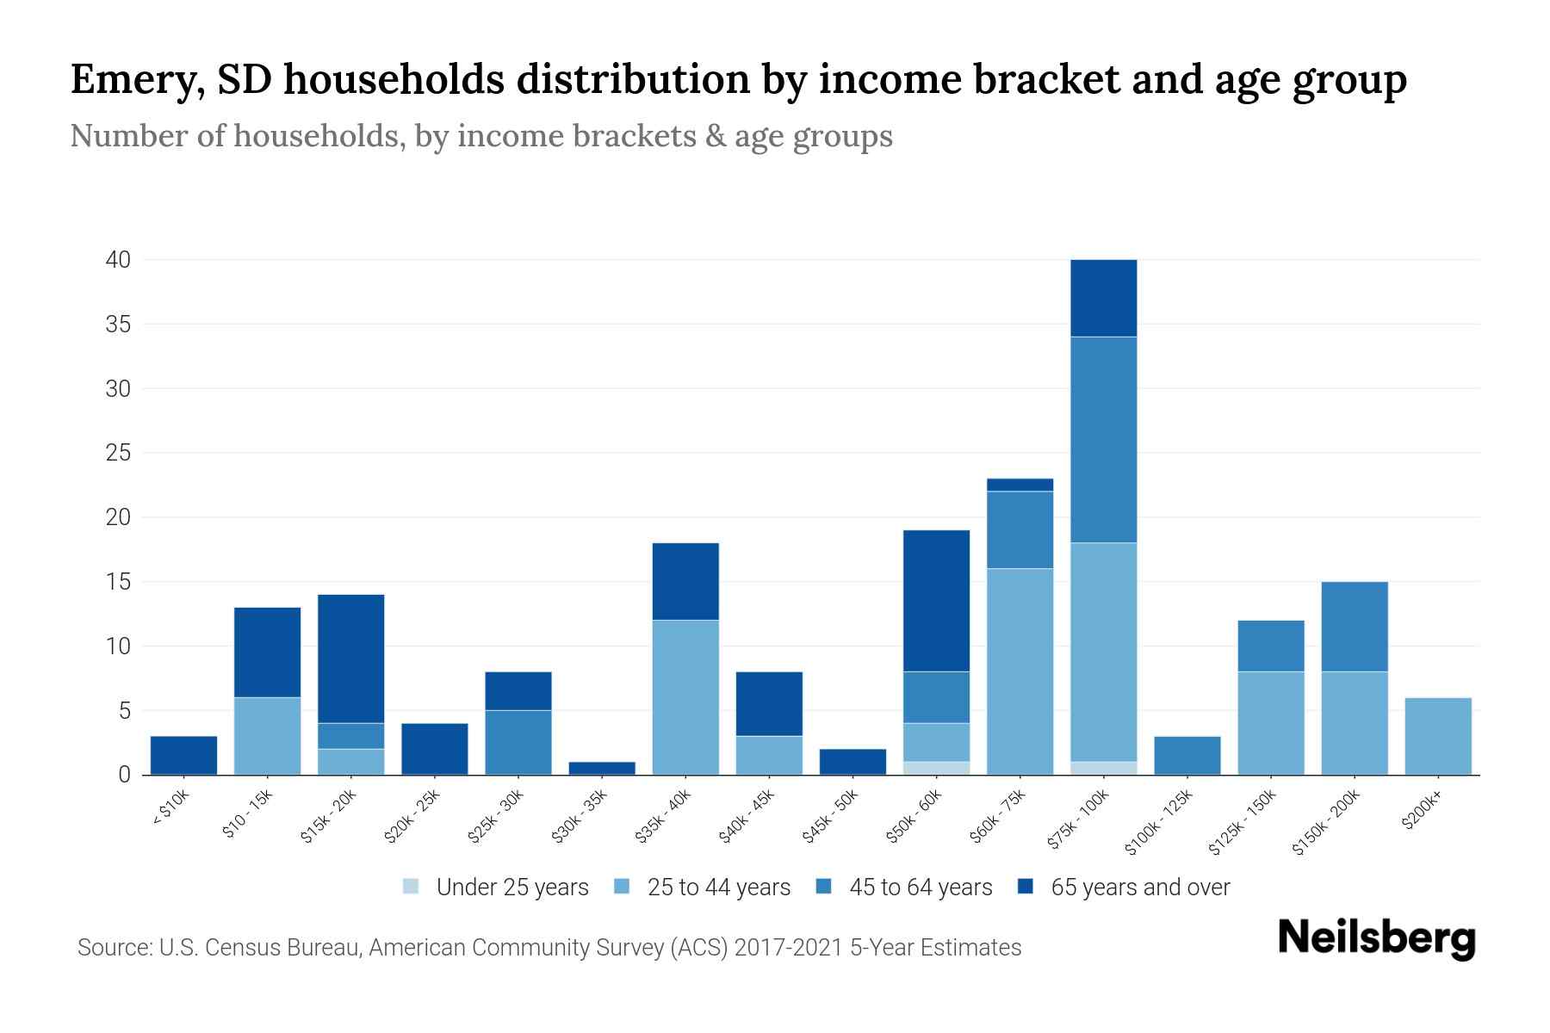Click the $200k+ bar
[1437, 736]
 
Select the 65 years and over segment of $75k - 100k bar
[1103, 298]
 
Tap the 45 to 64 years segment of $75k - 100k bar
[1103, 440]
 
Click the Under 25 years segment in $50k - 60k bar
[936, 768]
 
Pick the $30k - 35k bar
[602, 768]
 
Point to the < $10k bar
[183, 755]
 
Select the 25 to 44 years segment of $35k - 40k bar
[685, 697]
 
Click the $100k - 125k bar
[1187, 755]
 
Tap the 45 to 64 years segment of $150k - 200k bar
[1354, 627]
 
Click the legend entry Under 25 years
[512, 888]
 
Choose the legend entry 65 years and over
[1139, 888]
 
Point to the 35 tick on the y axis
[118, 325]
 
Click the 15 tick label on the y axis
[118, 582]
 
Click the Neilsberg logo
[1376, 938]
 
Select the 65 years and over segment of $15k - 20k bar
[351, 659]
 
